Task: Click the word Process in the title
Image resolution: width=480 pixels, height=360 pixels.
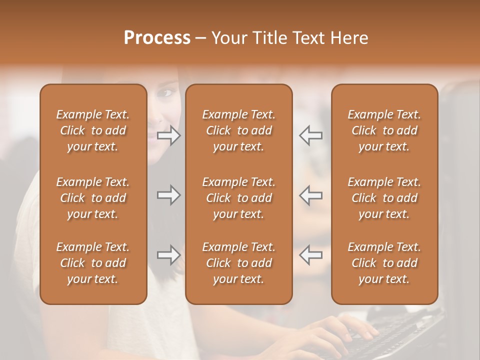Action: (157, 38)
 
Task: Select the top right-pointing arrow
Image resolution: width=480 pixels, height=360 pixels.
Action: (169, 135)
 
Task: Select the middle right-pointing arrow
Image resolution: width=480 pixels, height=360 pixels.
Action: (169, 195)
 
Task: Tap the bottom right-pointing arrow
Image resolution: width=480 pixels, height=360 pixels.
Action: (169, 255)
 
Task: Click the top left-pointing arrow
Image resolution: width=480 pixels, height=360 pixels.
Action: (310, 135)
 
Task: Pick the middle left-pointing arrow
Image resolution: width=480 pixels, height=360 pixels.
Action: (310, 195)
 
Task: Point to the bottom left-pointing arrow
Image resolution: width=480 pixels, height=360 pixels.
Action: (310, 255)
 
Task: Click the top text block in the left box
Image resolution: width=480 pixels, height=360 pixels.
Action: (93, 130)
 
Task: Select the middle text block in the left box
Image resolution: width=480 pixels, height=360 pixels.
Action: (93, 198)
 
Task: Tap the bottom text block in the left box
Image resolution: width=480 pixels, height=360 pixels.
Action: (93, 263)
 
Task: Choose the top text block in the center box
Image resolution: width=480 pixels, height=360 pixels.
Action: (238, 130)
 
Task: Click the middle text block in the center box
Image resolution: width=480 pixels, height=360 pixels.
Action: (238, 198)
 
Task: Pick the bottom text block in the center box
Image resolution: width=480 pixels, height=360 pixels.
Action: (238, 263)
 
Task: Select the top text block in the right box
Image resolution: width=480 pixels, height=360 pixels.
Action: (384, 130)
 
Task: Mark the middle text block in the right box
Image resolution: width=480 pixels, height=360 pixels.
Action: (384, 198)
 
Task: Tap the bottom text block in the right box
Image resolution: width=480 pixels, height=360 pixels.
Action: (384, 263)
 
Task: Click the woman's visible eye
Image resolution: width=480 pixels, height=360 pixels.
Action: (167, 92)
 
